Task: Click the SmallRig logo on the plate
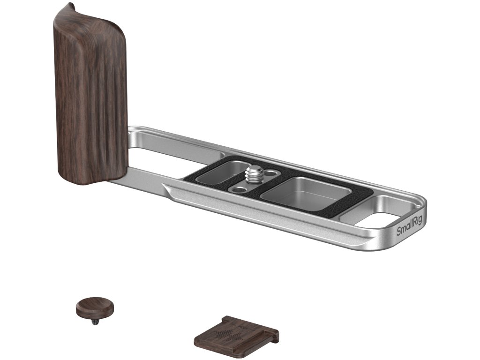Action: (409, 227)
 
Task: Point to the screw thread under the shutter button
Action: (96, 322)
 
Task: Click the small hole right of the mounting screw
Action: (270, 173)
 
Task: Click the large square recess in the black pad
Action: (307, 193)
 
